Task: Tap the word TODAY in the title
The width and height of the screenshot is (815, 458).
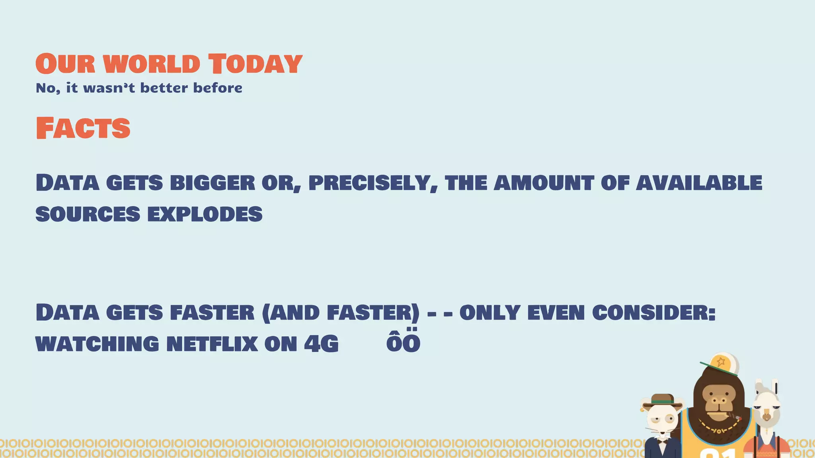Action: [255, 64]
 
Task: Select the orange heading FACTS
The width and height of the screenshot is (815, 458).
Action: [83, 128]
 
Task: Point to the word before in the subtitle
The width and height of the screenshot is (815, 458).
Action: [218, 88]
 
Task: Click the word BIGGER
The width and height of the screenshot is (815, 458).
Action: [213, 183]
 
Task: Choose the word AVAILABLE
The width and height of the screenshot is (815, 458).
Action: [699, 183]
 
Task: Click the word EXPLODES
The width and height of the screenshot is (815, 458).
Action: [205, 214]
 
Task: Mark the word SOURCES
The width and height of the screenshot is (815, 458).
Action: [88, 214]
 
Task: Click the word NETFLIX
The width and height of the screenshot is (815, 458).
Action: [212, 344]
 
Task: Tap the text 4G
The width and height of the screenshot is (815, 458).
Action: [321, 344]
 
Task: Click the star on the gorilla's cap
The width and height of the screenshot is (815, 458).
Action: [721, 362]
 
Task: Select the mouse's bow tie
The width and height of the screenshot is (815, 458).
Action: [662, 440]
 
